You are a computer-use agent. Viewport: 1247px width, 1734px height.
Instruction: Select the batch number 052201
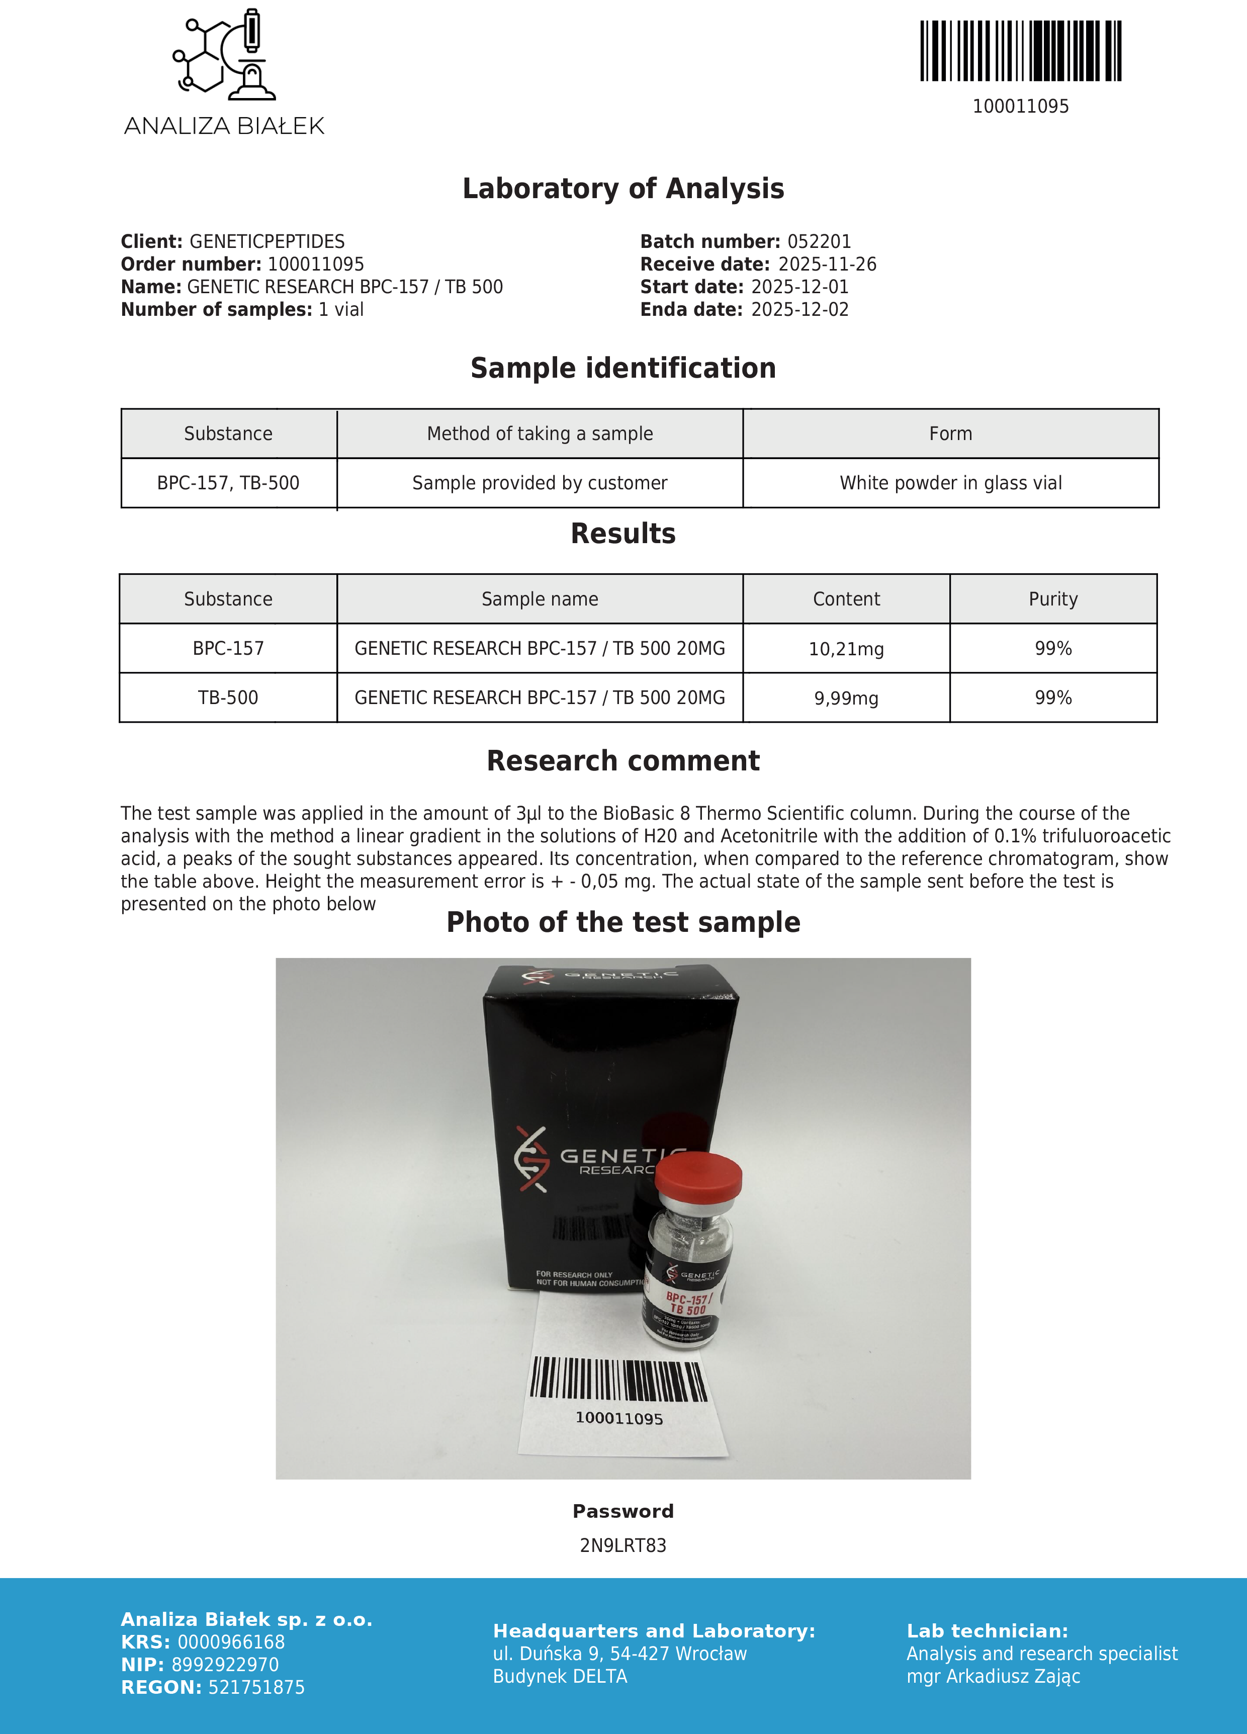(x=819, y=241)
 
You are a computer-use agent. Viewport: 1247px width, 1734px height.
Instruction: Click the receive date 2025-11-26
(x=827, y=265)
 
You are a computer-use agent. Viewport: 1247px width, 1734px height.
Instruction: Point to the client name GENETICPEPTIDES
(x=267, y=241)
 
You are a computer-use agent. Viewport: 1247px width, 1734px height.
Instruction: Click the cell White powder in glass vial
(x=950, y=483)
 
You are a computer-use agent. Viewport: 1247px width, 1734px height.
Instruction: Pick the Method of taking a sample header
(x=540, y=433)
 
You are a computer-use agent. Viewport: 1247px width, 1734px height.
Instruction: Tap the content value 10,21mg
(x=846, y=649)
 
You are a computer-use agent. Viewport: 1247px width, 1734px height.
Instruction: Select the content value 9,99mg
(x=846, y=698)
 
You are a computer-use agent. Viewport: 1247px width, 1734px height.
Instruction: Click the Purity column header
(x=1053, y=599)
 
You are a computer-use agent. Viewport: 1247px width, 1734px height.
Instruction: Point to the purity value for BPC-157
(x=1053, y=648)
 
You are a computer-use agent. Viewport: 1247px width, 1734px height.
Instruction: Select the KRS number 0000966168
(x=231, y=1642)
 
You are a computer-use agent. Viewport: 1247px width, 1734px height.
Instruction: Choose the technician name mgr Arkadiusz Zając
(x=993, y=1677)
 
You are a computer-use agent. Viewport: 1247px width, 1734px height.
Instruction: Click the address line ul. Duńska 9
(x=619, y=1654)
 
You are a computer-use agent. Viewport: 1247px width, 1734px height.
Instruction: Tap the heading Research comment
(x=623, y=761)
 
